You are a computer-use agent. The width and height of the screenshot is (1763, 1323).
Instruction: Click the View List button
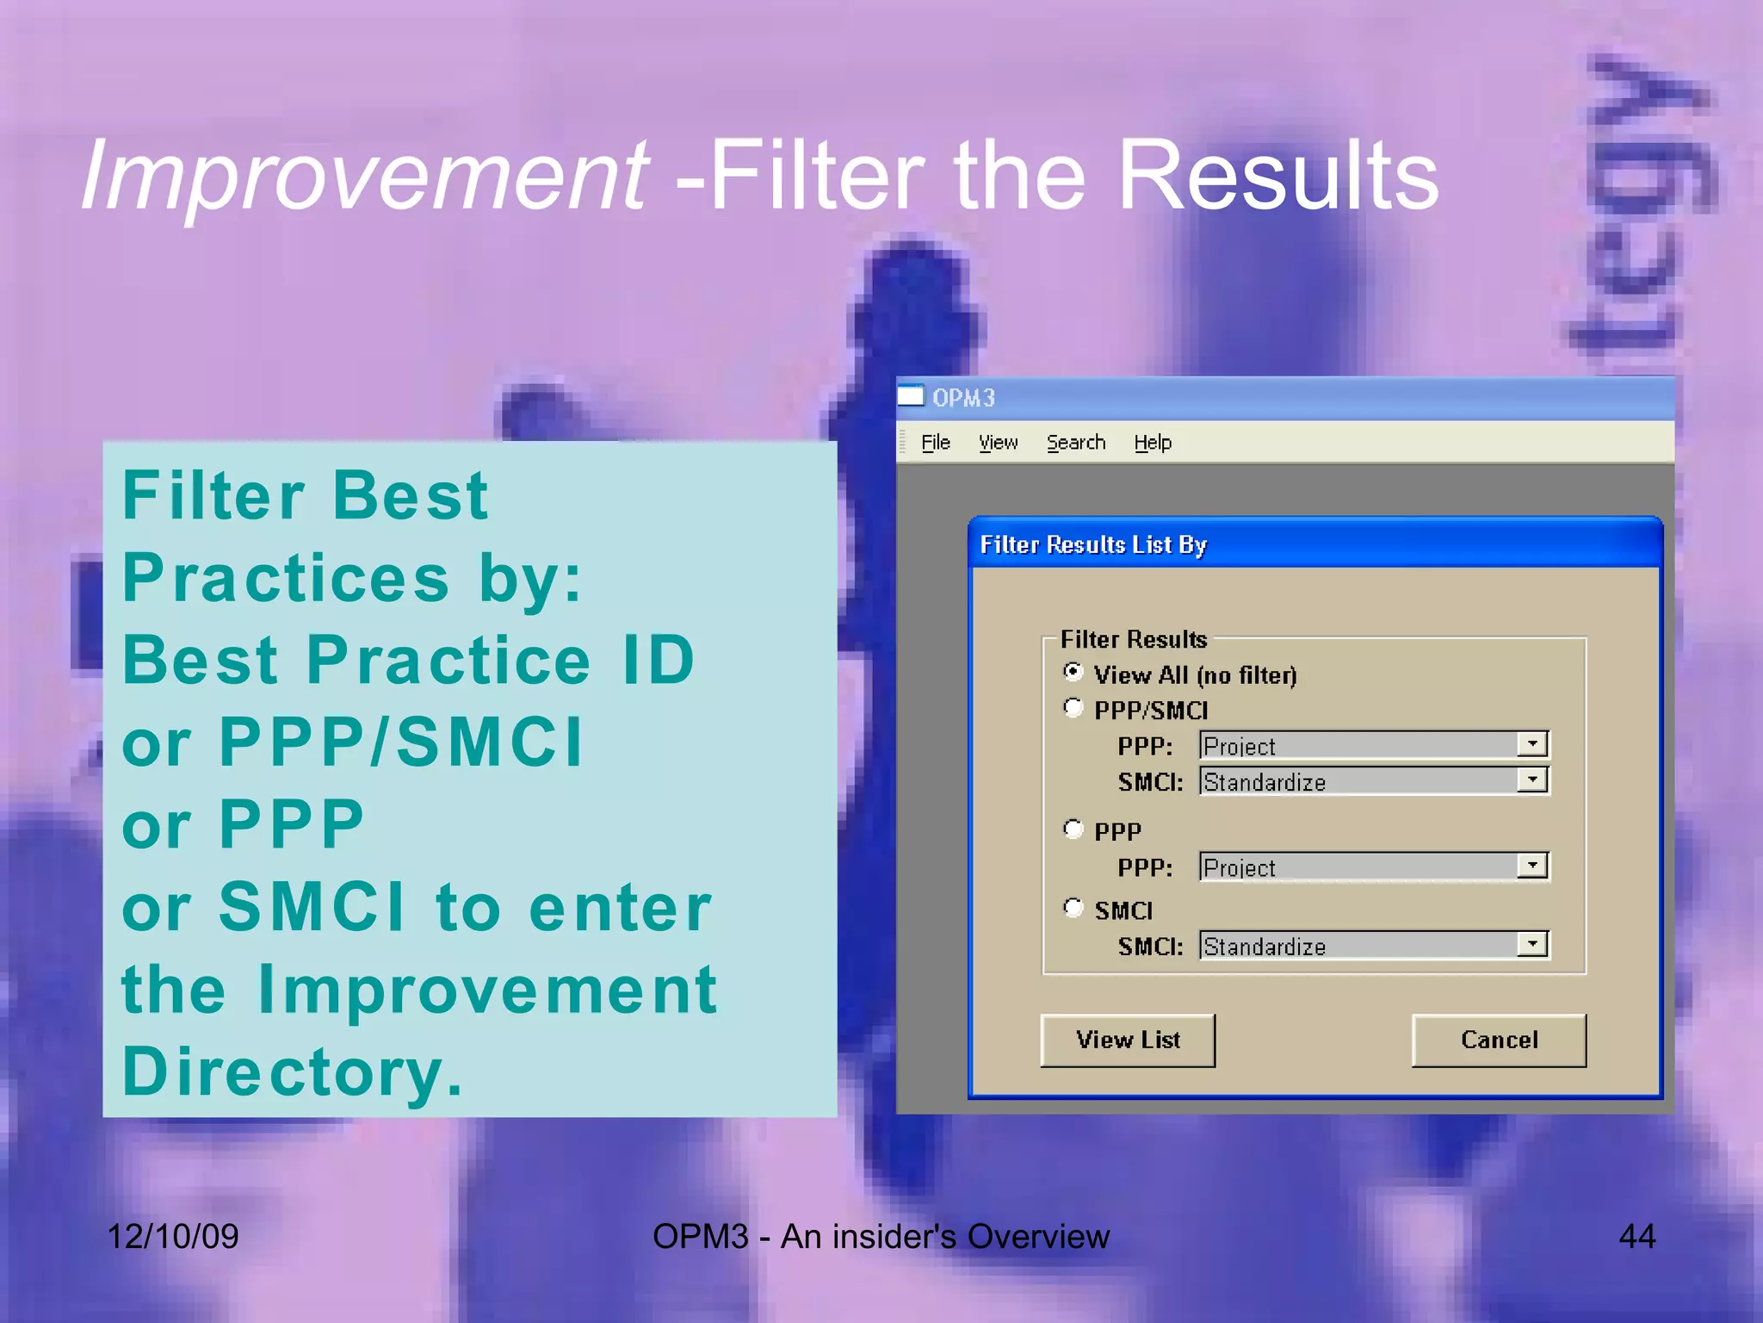1128,1040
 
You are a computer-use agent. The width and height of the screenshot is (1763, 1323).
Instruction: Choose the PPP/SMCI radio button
1073,708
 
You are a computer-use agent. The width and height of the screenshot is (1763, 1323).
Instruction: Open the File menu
935,443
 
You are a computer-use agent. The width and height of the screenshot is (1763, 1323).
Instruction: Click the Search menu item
1075,443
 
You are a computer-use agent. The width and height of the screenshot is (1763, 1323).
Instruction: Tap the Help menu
1152,443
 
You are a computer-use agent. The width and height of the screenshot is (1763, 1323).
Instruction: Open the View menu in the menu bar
998,443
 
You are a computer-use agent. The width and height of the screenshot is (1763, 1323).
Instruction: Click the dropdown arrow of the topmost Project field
1532,744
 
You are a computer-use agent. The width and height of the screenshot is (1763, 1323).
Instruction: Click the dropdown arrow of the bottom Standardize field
1532,945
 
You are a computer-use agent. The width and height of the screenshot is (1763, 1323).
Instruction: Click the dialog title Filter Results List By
1093,544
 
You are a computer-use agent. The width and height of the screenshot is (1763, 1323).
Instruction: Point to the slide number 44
1636,1237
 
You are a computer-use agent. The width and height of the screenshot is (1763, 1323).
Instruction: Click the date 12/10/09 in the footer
172,1237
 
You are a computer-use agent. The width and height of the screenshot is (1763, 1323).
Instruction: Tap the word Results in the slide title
1277,177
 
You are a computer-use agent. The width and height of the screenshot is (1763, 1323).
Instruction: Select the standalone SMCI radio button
1073,907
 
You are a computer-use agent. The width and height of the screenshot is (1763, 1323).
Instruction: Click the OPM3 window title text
963,398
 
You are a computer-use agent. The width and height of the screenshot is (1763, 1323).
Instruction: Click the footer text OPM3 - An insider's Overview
881,1237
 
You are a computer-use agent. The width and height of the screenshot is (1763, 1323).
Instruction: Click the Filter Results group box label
1133,639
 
